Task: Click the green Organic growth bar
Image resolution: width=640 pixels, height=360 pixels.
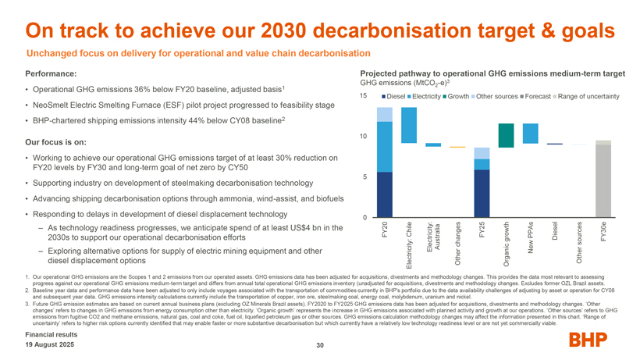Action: tap(506, 135)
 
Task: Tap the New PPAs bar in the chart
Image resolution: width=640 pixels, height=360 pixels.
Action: tap(530, 134)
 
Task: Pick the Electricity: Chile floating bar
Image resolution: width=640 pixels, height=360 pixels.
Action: tap(408, 125)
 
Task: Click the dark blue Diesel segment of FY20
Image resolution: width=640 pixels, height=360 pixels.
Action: tap(384, 194)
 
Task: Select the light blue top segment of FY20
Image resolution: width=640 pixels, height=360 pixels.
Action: tap(384, 115)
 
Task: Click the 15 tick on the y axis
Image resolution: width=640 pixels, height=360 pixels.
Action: tap(364, 95)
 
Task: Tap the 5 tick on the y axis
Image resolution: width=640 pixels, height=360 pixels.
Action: tap(365, 176)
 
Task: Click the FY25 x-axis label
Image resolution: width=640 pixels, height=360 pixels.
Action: tap(482, 230)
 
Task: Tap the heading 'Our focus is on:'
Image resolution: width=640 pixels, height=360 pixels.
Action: tap(56, 142)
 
